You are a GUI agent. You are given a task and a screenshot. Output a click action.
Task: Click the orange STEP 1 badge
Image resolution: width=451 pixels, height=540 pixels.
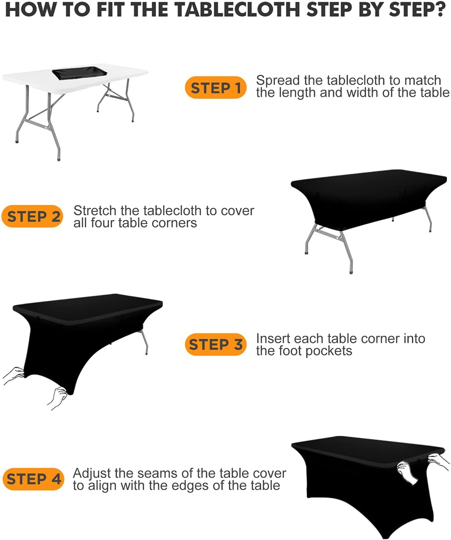[216, 88]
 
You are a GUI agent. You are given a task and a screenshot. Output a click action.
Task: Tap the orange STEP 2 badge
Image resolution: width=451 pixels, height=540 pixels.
[32, 216]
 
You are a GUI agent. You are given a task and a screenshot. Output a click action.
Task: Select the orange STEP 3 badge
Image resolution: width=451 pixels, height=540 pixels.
[216, 345]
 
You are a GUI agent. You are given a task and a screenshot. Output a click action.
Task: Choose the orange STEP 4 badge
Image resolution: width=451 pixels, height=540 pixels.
[33, 479]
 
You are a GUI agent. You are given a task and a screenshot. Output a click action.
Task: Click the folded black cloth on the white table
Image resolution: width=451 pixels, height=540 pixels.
[79, 73]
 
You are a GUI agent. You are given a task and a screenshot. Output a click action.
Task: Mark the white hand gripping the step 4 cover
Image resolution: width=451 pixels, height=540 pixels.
[407, 473]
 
